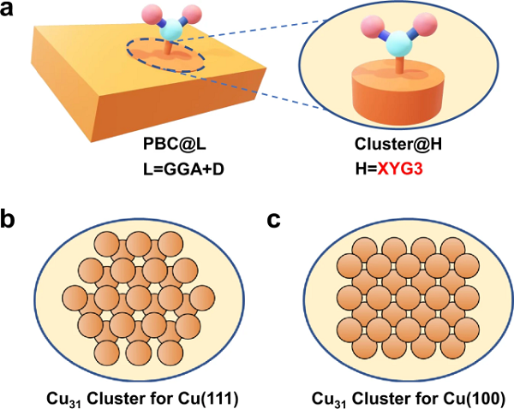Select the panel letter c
click(273, 221)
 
